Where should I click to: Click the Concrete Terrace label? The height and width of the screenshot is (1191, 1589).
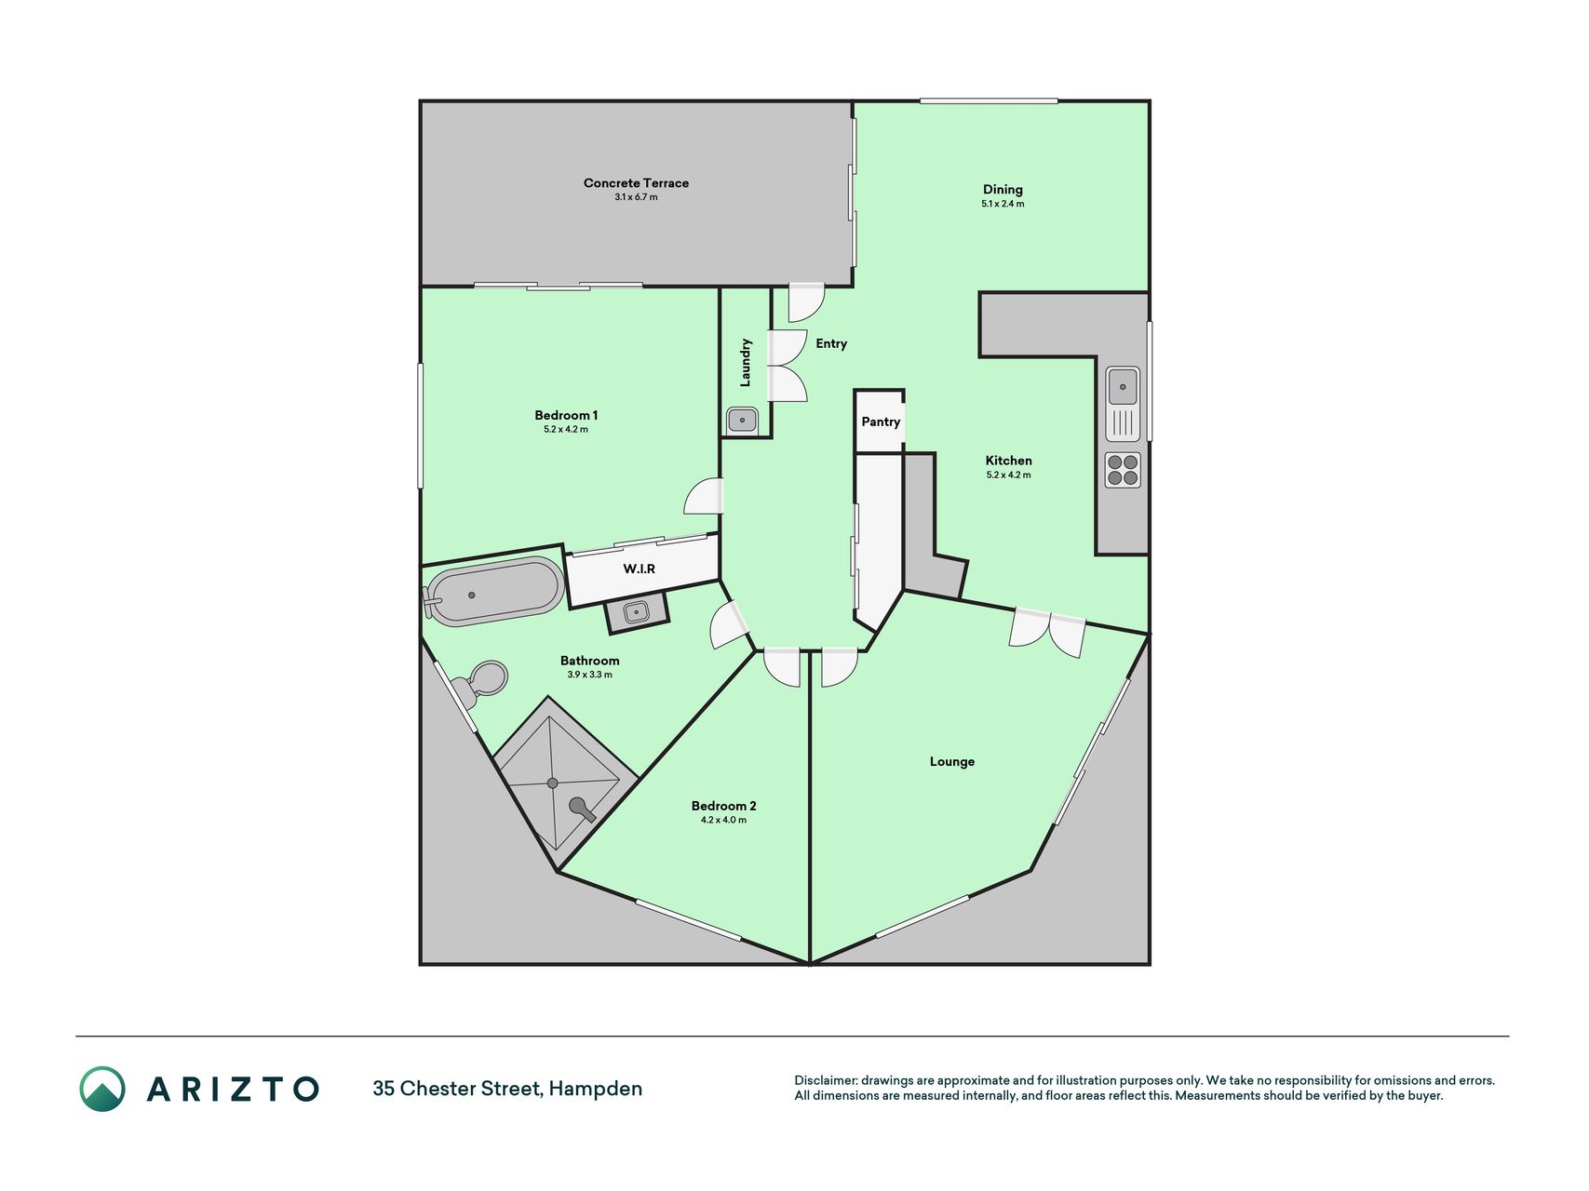[x=636, y=183]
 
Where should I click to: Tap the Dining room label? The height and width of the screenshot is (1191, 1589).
[x=1003, y=190]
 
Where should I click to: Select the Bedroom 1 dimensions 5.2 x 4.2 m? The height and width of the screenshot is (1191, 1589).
[x=566, y=430]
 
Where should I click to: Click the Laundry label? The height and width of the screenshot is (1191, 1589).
[x=746, y=363]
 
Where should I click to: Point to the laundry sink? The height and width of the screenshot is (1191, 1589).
[x=742, y=421]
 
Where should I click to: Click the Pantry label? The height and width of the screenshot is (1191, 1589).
[x=881, y=422]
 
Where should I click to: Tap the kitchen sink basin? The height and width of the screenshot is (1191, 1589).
[x=1123, y=385]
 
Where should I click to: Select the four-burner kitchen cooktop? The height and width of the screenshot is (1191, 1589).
[x=1123, y=470]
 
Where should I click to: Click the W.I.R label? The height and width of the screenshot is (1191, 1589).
[x=640, y=569]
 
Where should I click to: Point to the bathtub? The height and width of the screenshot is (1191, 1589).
[x=493, y=592]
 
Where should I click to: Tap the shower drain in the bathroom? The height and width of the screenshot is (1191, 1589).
[x=553, y=783]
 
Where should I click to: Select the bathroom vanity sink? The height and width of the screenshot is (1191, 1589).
[x=637, y=611]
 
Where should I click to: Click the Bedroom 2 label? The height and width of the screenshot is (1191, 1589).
[x=723, y=806]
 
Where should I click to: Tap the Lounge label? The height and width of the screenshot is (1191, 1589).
[x=952, y=762]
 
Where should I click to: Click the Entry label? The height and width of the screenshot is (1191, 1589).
[x=831, y=344]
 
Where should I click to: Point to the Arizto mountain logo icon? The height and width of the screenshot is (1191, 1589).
[x=102, y=1089]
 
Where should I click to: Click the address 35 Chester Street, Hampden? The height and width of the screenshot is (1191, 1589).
[x=507, y=1089]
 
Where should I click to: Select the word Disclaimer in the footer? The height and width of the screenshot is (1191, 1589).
[x=825, y=1080]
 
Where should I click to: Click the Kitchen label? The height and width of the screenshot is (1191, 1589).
[x=1009, y=461]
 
